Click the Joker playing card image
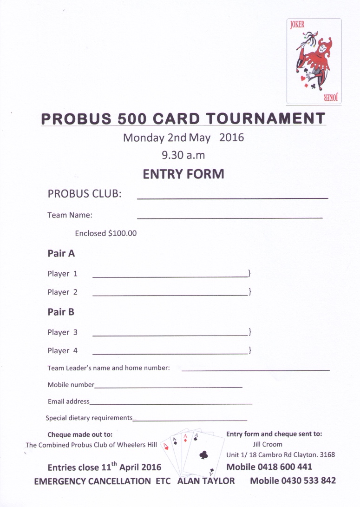pos(314,60)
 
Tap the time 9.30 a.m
pos(183,155)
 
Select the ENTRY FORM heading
pos(183,174)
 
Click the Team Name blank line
pos(229,217)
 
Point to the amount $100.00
pos(122,233)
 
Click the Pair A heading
pos(61,254)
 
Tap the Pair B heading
pos(61,312)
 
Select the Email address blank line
pos(171,403)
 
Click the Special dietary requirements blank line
pos(190,420)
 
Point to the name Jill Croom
pos(267,444)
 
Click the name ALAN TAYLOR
pos(206,481)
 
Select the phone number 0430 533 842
pos(309,481)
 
